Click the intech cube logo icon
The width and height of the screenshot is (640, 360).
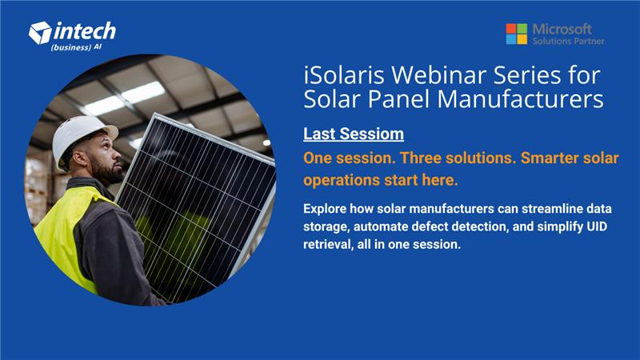[39, 33]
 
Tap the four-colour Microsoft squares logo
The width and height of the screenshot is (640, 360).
[516, 34]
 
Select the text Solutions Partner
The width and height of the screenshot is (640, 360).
[568, 41]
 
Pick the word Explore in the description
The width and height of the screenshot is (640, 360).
[329, 208]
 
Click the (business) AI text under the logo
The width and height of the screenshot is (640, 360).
[76, 47]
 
